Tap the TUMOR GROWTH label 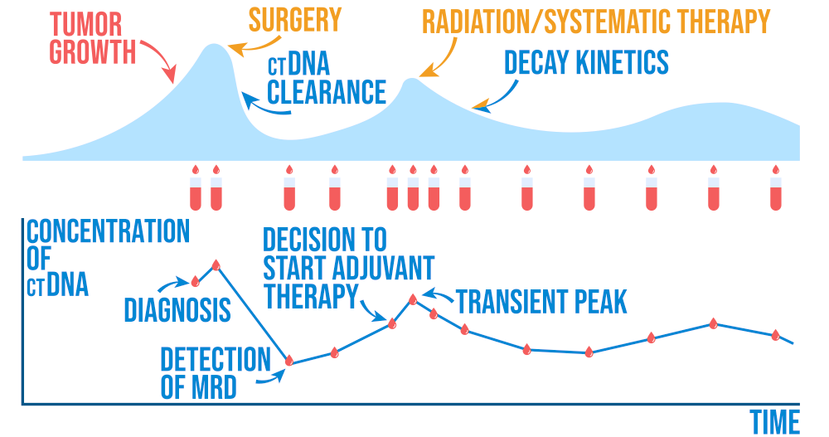92,39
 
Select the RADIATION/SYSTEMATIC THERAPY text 596,20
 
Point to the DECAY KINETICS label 586,62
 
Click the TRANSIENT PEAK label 541,301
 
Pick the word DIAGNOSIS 177,310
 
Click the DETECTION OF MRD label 215,372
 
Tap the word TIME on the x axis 775,422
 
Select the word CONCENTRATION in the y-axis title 108,231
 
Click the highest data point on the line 216,265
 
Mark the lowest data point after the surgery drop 289,360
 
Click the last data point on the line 776,335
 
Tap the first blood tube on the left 196,190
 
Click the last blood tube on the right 776,190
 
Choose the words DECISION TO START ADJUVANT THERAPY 348,267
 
